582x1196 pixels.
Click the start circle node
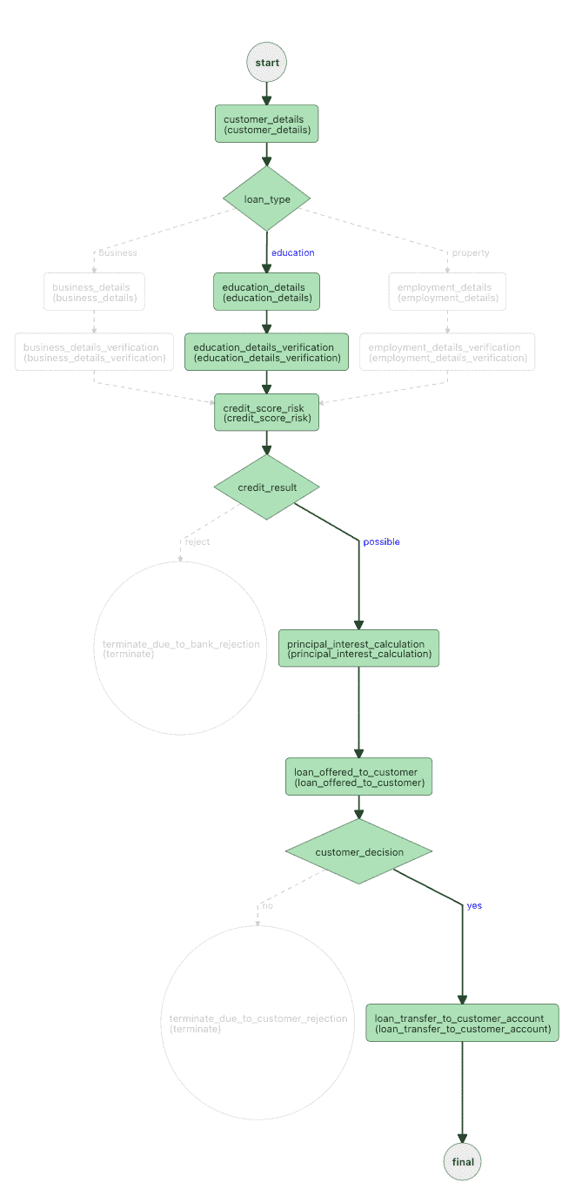(266, 63)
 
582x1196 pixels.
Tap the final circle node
(462, 1161)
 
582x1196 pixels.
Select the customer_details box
(266, 124)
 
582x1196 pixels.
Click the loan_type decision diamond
(266, 199)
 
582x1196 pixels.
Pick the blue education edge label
(293, 252)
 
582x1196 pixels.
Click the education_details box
(266, 292)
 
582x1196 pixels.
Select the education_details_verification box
(266, 352)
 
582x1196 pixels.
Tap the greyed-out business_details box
(94, 292)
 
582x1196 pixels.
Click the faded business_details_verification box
(94, 352)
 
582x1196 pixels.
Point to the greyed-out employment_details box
(447, 292)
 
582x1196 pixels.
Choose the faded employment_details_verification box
(447, 352)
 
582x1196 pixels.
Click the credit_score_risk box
(266, 412)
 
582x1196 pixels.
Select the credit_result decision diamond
(266, 487)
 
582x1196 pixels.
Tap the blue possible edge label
(381, 541)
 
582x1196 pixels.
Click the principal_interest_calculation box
(358, 648)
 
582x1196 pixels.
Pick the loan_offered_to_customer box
(358, 776)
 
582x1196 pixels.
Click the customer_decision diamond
(358, 852)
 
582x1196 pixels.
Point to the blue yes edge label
(474, 905)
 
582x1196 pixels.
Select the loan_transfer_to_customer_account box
(462, 1023)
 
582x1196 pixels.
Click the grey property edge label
(470, 252)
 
